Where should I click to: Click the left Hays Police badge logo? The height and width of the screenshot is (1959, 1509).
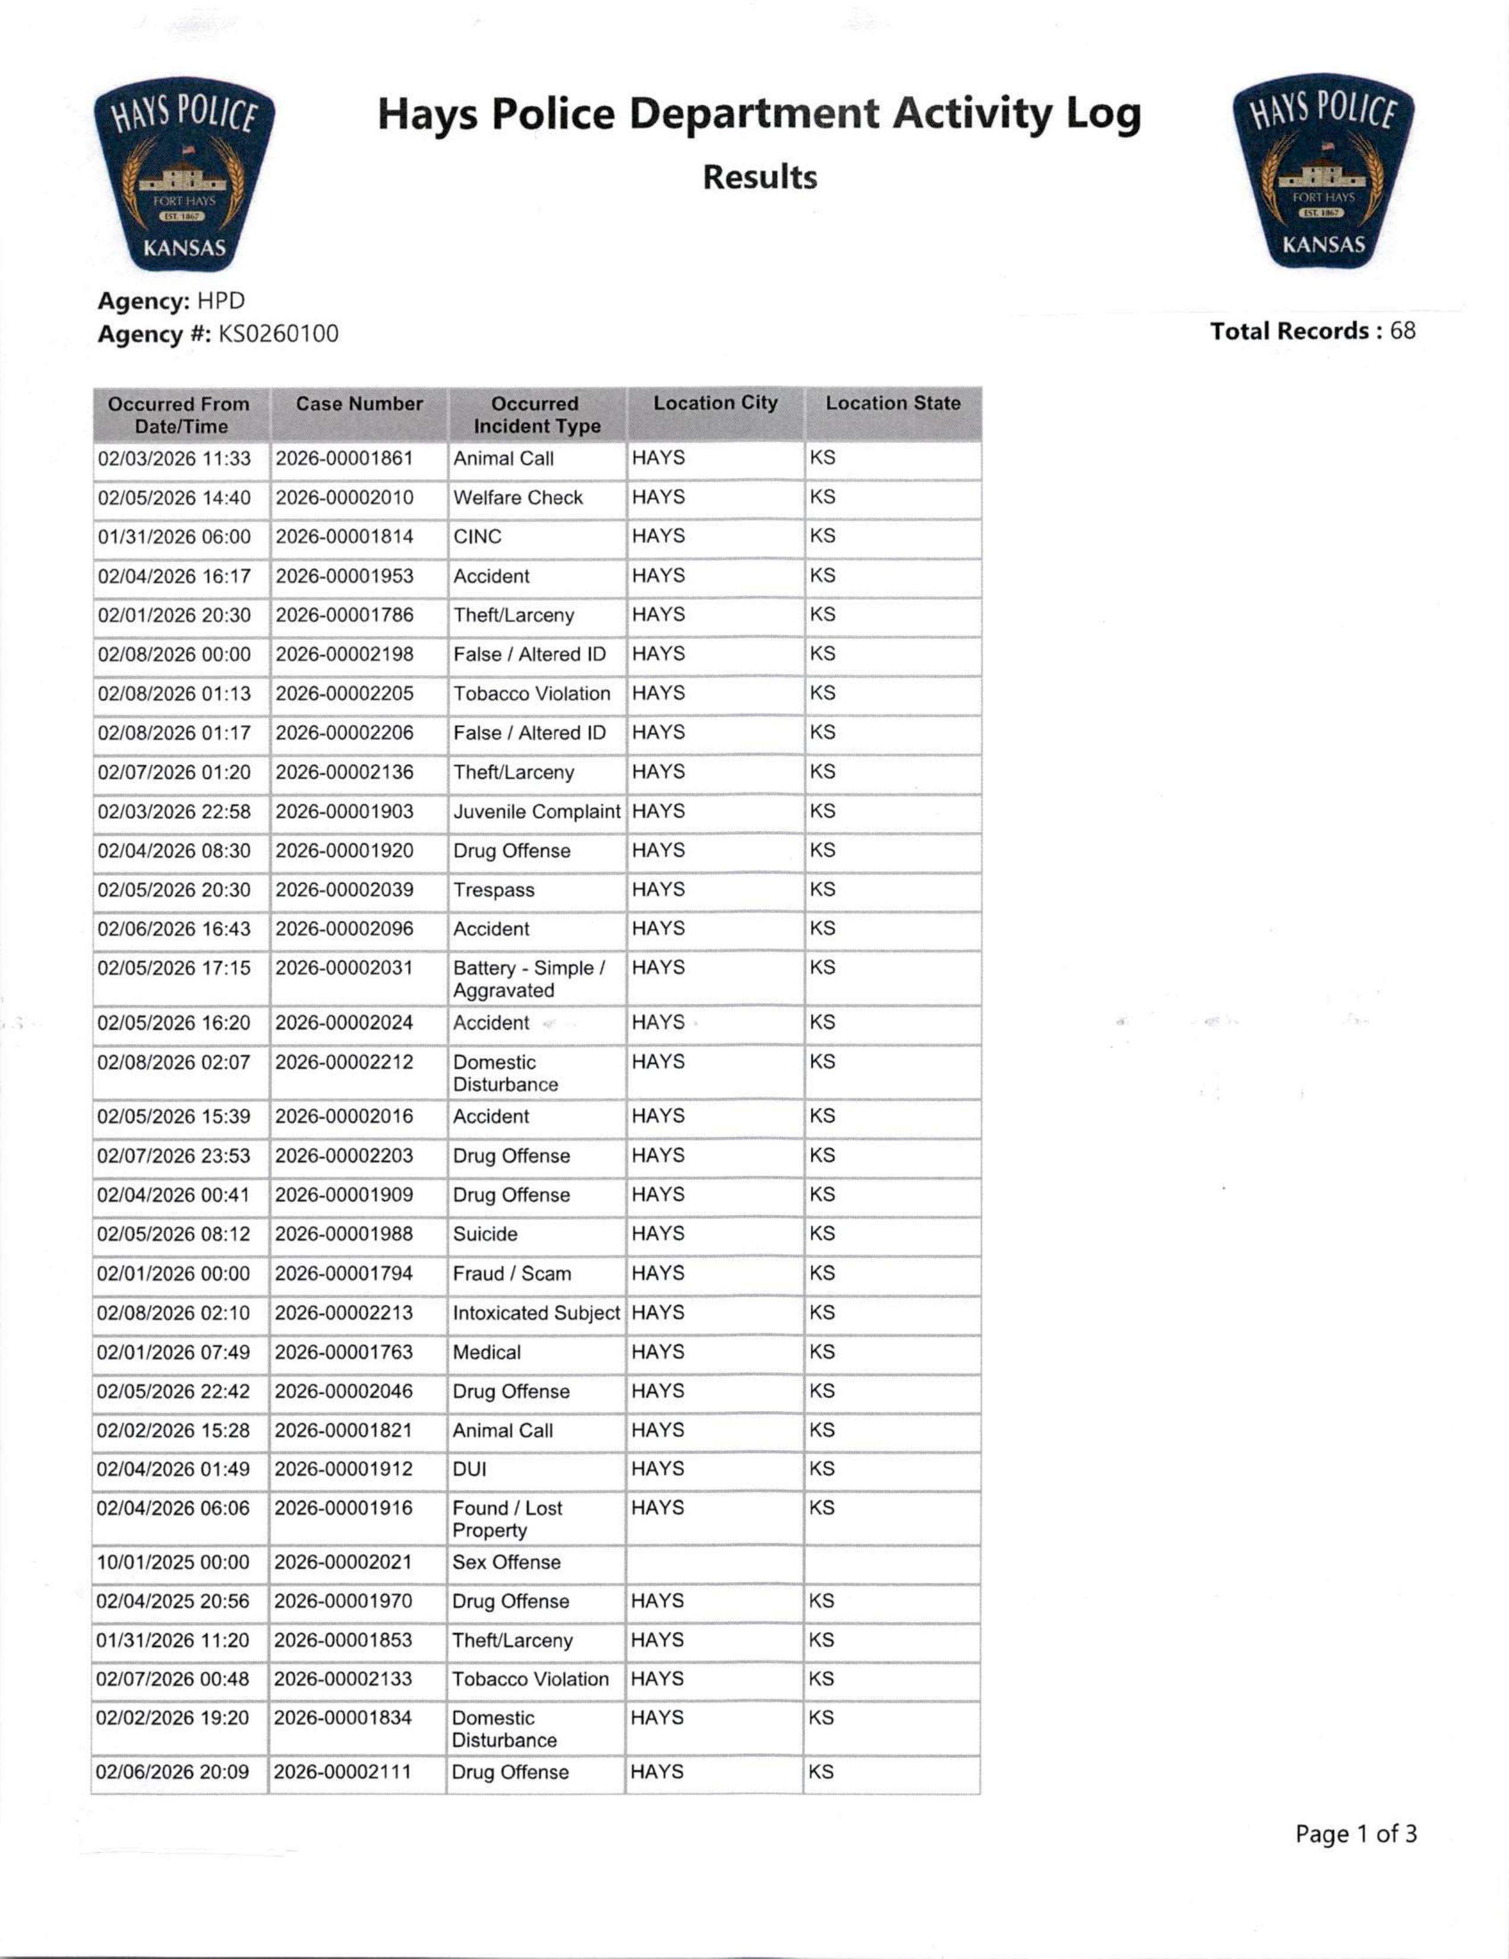(184, 173)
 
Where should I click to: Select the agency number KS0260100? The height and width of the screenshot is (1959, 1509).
(278, 334)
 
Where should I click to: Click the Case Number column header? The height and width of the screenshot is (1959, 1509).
(359, 404)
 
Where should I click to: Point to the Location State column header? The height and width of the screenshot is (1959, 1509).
(893, 404)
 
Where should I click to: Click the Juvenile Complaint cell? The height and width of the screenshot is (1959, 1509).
(536, 812)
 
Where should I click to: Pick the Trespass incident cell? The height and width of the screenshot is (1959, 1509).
(494, 890)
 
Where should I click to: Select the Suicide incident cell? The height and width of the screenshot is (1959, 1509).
(485, 1234)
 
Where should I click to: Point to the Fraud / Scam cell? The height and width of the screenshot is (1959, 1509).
(512, 1274)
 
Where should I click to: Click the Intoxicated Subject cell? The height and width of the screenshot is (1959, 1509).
(536, 1313)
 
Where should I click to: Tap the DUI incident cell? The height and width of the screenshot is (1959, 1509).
(469, 1469)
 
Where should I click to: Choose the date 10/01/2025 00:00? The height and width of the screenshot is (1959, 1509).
(173, 1562)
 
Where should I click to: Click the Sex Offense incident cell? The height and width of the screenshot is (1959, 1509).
(506, 1562)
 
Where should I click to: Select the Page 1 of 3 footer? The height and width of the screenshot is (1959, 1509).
(1356, 1834)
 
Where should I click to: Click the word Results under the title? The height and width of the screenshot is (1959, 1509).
(759, 177)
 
